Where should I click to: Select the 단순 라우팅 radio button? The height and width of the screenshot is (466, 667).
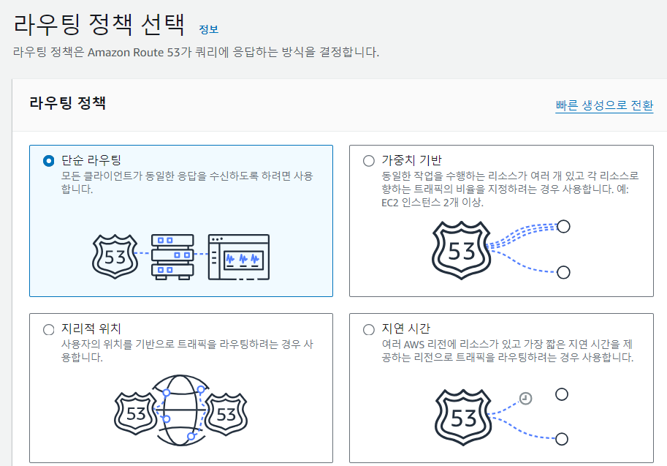coord(49,160)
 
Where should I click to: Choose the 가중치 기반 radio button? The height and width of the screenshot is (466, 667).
coord(368,160)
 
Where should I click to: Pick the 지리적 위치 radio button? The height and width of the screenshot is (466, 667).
coord(49,329)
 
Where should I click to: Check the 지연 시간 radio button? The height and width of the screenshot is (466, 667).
coord(368,329)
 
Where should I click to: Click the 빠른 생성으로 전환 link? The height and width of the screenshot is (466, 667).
coord(603,105)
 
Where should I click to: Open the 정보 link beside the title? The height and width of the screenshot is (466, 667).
coord(208,29)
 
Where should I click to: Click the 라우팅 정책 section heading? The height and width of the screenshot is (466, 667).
coord(68,103)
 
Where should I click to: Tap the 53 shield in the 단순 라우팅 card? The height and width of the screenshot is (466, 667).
coord(115,256)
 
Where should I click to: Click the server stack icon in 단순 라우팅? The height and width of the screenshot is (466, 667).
coord(172,256)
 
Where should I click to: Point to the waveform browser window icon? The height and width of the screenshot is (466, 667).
coord(238,257)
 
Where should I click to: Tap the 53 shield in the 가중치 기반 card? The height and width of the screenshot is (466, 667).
coord(462,251)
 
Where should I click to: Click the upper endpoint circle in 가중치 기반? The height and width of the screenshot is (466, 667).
coord(563,226)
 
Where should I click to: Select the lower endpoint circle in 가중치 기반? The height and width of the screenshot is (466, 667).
coord(563,272)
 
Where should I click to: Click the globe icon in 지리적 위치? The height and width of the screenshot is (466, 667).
coord(178,410)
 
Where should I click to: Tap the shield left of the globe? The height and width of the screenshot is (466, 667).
coord(136,414)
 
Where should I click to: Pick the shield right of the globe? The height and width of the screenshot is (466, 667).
coord(226,414)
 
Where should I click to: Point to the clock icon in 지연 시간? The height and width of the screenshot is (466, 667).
coord(525,398)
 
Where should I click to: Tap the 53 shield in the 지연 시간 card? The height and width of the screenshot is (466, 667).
coord(464,418)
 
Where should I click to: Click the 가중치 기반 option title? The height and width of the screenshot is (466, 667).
coord(412,160)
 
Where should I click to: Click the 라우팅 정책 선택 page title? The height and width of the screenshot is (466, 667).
coord(99,25)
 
